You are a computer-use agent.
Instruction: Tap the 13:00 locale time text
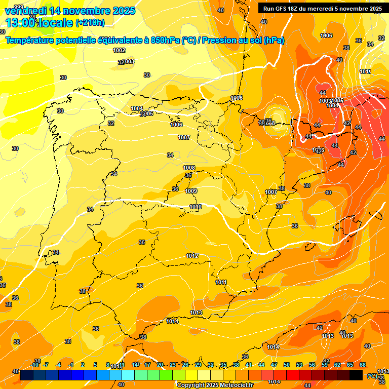(39, 23)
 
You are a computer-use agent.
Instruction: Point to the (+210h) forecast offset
(90, 23)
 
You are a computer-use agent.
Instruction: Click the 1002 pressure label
(119, 50)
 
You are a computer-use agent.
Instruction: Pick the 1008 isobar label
(189, 168)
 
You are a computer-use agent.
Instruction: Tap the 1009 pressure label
(191, 191)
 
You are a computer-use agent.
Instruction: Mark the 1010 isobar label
(196, 207)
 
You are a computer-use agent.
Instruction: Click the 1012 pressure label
(192, 256)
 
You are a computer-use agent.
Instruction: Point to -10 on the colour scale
(35, 365)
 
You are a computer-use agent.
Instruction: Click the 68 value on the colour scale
(363, 365)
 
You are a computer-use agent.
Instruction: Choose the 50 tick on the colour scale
(287, 365)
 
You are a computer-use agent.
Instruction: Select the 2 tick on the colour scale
(83, 365)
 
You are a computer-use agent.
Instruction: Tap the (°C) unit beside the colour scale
(372, 376)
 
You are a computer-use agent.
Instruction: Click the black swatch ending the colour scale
(356, 375)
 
